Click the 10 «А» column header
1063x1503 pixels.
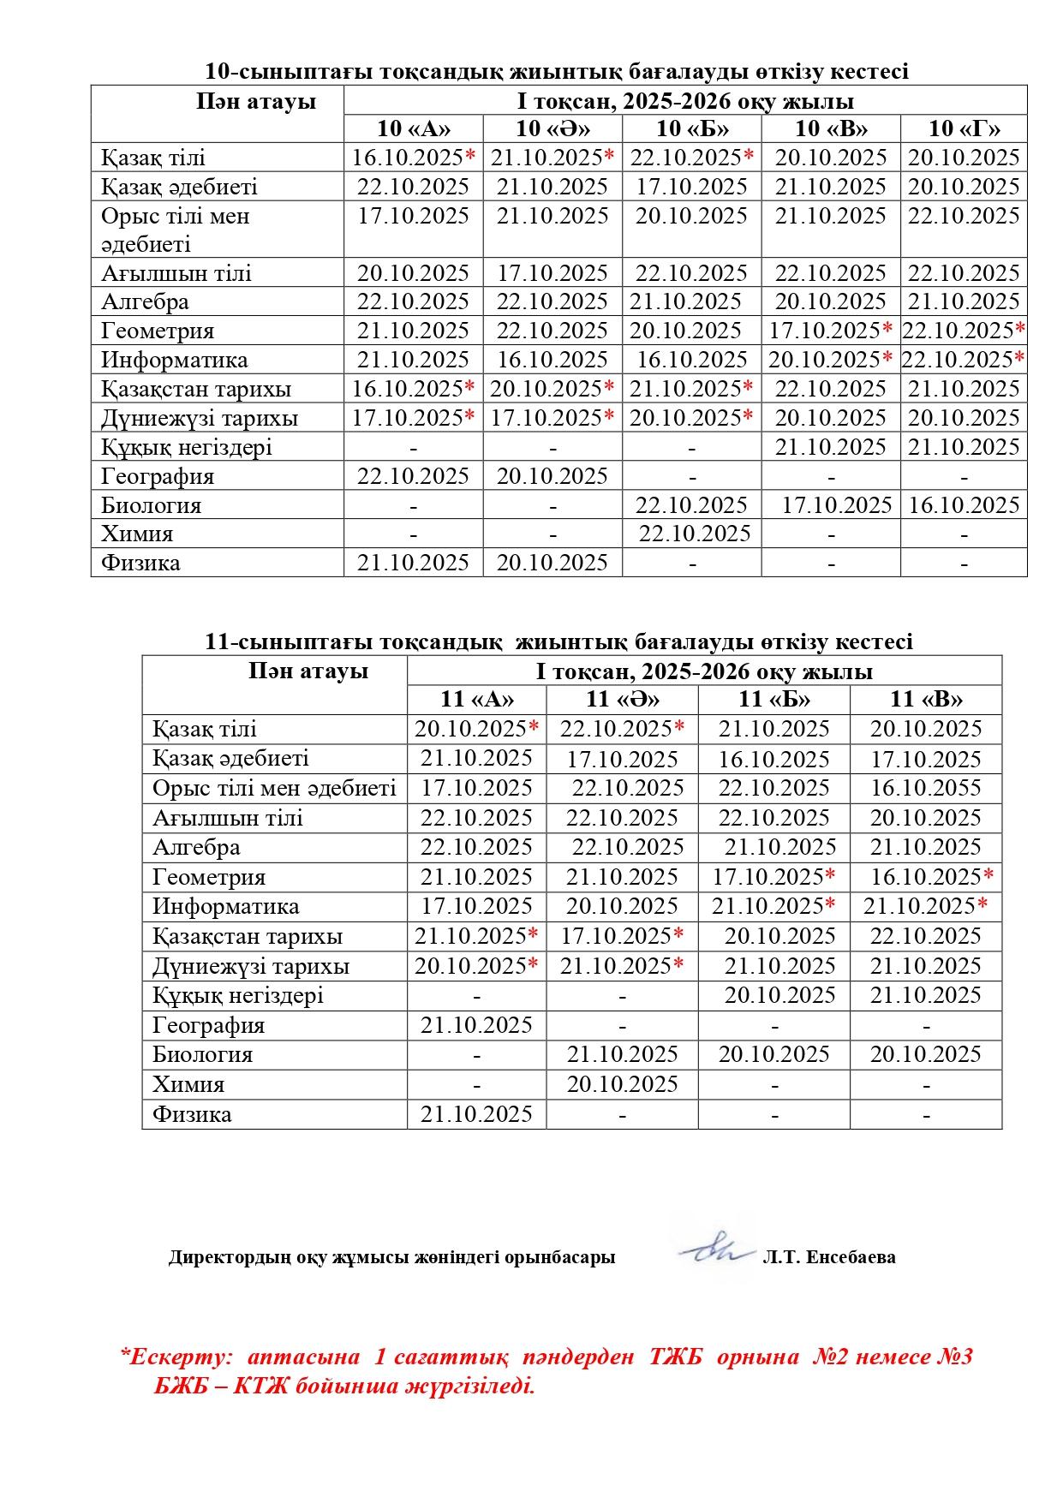[414, 128]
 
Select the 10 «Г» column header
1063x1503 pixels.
[964, 128]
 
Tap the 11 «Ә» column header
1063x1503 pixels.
[623, 700]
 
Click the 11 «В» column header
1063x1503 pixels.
[926, 700]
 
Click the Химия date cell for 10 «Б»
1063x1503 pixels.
[694, 534]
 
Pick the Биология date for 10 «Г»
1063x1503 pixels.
[964, 505]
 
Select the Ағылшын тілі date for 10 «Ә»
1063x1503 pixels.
[552, 273]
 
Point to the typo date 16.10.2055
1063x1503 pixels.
[926, 788]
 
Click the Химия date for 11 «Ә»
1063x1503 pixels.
[623, 1084]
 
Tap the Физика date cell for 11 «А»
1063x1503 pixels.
[476, 1114]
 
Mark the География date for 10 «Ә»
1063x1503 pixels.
[552, 476]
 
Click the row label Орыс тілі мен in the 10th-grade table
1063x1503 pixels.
[175, 216]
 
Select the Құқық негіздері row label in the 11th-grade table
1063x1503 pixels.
[238, 995]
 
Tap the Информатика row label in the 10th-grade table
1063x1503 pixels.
[175, 360]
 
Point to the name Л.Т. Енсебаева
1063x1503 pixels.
[828, 1257]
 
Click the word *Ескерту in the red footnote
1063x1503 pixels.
[176, 1357]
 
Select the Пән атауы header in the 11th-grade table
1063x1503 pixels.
[308, 671]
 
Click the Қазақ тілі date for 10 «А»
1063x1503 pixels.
[414, 158]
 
